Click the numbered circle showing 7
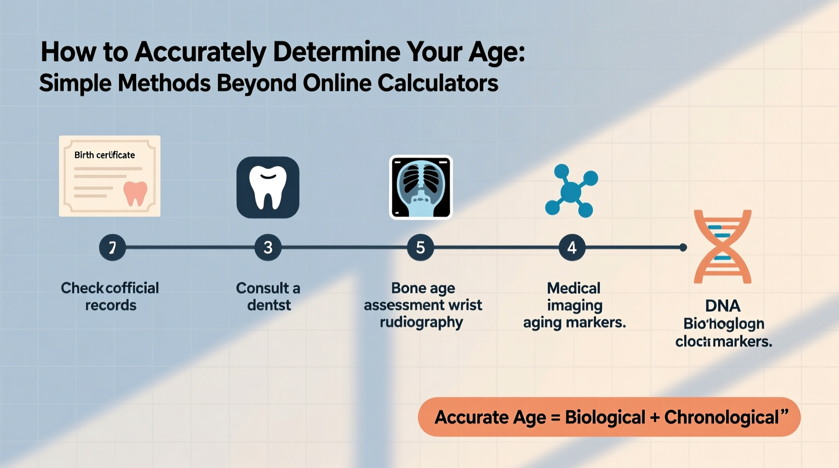tap(112, 248)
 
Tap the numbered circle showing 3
tap(268, 248)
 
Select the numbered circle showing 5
tap(421, 248)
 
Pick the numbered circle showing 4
tap(572, 248)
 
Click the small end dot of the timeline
tap(683, 248)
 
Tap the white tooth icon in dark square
tap(268, 187)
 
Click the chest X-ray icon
tap(421, 187)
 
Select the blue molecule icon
tap(571, 191)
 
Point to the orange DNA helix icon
tap(723, 247)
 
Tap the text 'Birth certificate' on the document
tap(104, 155)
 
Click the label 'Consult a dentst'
tap(268, 297)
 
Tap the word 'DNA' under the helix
tap(723, 306)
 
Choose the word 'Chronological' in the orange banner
tap(722, 418)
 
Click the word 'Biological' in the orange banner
tap(605, 418)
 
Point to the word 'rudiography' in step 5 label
tap(421, 322)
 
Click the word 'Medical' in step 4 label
tap(574, 288)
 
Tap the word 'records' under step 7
tap(110, 305)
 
